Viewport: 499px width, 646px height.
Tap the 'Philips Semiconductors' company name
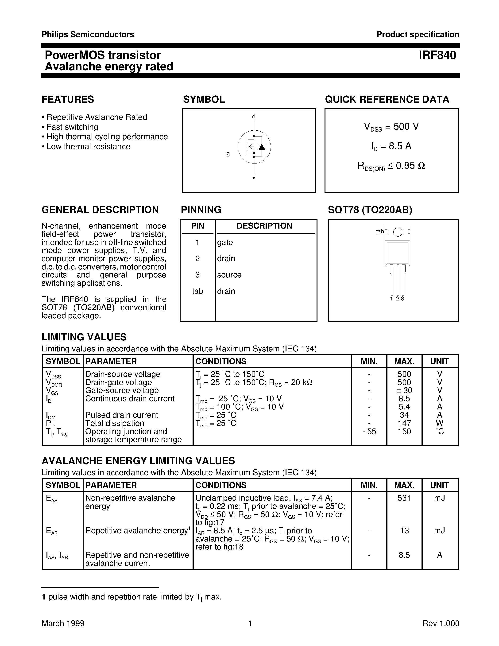(88, 35)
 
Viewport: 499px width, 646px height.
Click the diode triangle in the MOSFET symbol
(262, 147)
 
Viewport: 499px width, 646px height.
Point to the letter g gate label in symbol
(228, 154)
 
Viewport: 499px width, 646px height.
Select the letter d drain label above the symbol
(254, 117)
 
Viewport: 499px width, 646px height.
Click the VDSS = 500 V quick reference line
(391, 127)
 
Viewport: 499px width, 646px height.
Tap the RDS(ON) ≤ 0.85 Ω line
(391, 166)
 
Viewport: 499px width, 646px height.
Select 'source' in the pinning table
(229, 275)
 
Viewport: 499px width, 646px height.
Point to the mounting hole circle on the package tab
(398, 232)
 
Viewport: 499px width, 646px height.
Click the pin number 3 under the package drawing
(403, 299)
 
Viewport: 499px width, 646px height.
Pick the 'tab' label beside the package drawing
(379, 232)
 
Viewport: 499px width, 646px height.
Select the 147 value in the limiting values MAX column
(404, 423)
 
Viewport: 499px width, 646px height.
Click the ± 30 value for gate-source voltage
(404, 390)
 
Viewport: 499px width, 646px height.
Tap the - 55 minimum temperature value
(369, 432)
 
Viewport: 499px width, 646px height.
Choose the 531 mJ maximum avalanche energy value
(404, 498)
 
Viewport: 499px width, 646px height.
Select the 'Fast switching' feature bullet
(72, 127)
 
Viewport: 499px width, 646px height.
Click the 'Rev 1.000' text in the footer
(441, 623)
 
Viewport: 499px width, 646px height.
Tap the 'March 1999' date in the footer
(63, 623)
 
